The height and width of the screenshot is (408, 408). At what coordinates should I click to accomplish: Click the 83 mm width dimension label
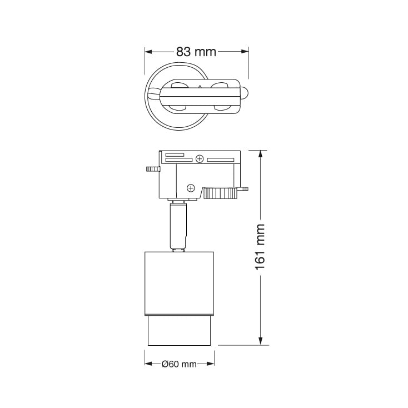tap(196, 52)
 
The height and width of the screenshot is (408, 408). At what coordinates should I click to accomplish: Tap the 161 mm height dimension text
tap(260, 247)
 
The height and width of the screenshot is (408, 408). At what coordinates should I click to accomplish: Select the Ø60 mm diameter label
tap(180, 364)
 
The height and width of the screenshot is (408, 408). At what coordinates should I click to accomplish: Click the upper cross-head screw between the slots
tap(200, 160)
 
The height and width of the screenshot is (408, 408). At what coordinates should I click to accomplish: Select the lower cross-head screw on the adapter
tap(191, 188)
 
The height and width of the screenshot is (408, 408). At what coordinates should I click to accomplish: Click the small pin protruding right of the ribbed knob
tap(244, 190)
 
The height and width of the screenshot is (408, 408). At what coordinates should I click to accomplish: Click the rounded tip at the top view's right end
tap(246, 94)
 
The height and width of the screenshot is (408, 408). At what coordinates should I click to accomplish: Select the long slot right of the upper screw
tap(221, 160)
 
